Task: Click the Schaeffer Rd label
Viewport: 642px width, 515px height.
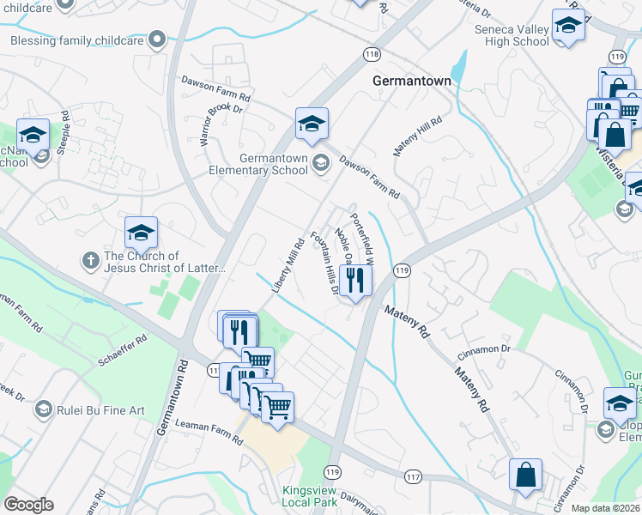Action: coord(123,350)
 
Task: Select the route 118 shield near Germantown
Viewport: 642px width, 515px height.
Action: coord(371,54)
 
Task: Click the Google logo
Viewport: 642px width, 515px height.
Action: coord(28,505)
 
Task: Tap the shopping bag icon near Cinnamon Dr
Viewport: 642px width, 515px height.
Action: coord(525,475)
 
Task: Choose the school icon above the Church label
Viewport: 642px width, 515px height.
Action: coord(142,233)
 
